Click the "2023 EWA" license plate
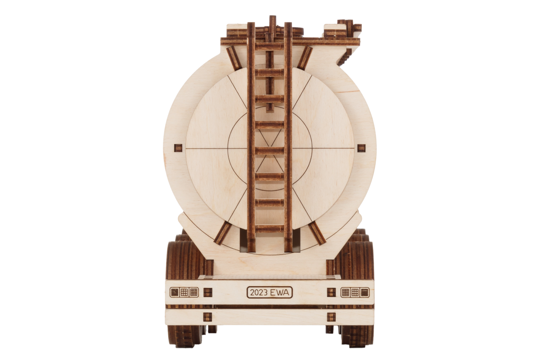[x=270, y=292]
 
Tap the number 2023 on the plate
[x=259, y=292]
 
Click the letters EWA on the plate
[x=279, y=292]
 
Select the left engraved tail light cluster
[x=184, y=292]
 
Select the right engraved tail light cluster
[x=355, y=292]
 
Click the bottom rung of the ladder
[x=270, y=229]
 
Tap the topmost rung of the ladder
[x=270, y=46]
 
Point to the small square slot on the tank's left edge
[x=178, y=148]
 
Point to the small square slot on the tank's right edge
[x=361, y=148]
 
